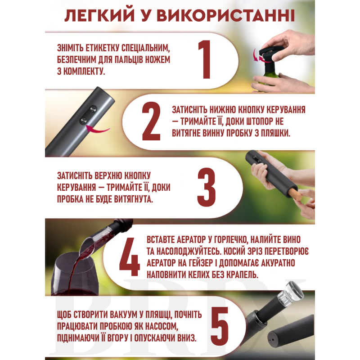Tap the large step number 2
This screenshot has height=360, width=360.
(x=151, y=121)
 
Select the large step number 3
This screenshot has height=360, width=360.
(x=207, y=187)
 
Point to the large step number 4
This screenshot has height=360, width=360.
(x=130, y=256)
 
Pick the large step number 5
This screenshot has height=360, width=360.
(x=220, y=326)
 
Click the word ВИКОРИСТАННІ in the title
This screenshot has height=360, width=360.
(x=226, y=16)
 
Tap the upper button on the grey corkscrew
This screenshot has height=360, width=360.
(x=93, y=109)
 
